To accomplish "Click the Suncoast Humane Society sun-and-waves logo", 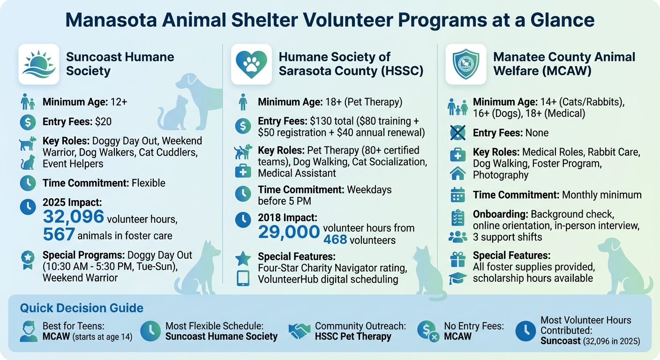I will (x=38, y=64).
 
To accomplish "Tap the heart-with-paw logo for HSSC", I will (x=251, y=64).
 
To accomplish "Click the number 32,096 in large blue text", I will (x=74, y=217).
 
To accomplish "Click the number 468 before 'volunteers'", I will (x=335, y=240).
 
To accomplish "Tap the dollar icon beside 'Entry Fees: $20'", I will (x=28, y=122).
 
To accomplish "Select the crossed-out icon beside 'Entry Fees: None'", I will (x=457, y=133).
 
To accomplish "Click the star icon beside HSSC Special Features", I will (x=243, y=257).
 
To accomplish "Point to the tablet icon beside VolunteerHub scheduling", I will (x=243, y=279).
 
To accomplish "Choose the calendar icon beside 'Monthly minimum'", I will (x=457, y=195).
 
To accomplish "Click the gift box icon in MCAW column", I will (x=457, y=258).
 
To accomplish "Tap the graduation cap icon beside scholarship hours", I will (x=457, y=278).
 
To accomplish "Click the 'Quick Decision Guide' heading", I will (x=82, y=308).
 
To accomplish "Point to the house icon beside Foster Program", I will (x=457, y=173).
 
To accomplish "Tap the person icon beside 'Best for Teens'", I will (x=29, y=331).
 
